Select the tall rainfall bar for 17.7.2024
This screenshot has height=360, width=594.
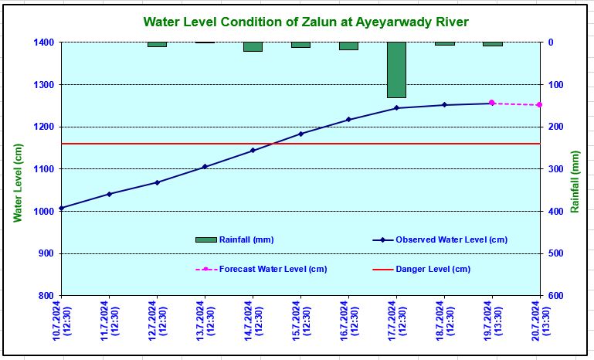[396, 70]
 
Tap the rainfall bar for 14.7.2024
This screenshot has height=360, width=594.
[253, 46]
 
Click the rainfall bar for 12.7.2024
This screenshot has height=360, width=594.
[157, 44]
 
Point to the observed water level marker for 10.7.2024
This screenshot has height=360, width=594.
[61, 208]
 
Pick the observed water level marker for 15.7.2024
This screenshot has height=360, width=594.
[300, 134]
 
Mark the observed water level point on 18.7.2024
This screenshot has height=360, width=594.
[444, 105]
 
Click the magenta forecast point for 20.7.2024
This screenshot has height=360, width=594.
[539, 105]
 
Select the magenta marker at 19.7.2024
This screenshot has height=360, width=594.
[491, 103]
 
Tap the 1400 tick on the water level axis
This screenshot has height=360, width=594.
[42, 42]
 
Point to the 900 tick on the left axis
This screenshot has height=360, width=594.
[45, 253]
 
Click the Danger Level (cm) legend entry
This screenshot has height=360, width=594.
[433, 269]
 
